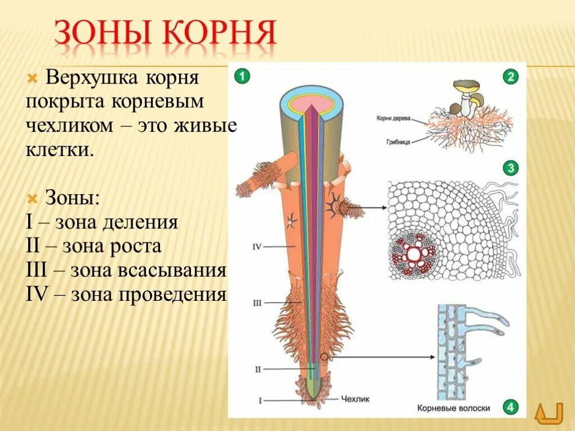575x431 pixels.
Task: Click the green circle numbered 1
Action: point(241,77)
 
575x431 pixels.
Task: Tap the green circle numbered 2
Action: point(510,77)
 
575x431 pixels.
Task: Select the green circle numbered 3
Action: point(510,168)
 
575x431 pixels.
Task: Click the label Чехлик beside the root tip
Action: point(354,400)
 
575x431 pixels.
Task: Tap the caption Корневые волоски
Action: point(454,409)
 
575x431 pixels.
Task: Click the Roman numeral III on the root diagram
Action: point(257,303)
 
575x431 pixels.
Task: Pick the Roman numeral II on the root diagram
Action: point(257,369)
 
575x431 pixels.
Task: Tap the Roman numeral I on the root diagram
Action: point(260,400)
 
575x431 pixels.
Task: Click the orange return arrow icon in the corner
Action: point(549,414)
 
